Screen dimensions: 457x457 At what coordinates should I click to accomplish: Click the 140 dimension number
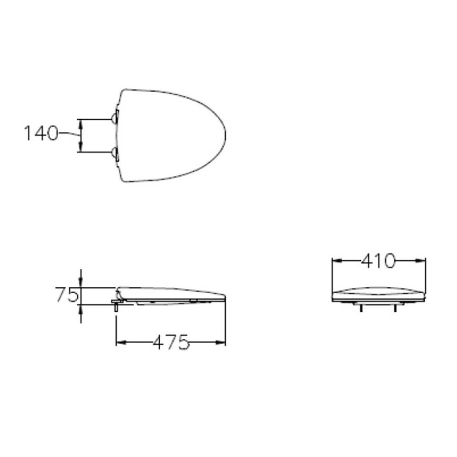(x=41, y=133)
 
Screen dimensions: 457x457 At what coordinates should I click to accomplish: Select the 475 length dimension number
(x=171, y=342)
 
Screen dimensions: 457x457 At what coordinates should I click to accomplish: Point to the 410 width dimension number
(x=378, y=261)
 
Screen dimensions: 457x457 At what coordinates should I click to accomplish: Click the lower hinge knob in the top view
(x=113, y=152)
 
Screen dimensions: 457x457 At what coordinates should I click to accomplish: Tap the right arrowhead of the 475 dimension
(x=221, y=343)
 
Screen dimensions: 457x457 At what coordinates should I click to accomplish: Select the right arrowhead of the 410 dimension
(x=420, y=261)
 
